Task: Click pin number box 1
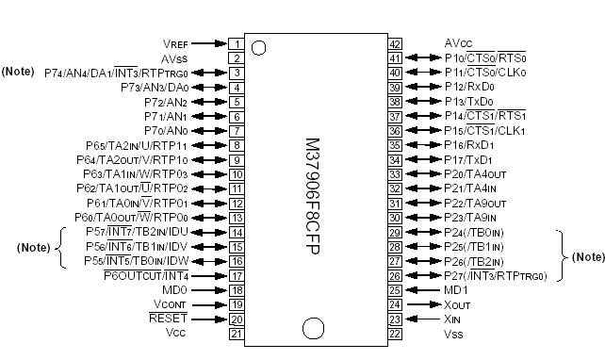(x=236, y=43)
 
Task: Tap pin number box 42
(x=395, y=43)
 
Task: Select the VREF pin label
(x=176, y=43)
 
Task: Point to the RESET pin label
(x=169, y=319)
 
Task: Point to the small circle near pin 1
(x=259, y=47)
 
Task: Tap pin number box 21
(x=236, y=333)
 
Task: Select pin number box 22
(x=395, y=333)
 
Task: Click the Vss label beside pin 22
(x=454, y=333)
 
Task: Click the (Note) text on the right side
(x=588, y=255)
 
